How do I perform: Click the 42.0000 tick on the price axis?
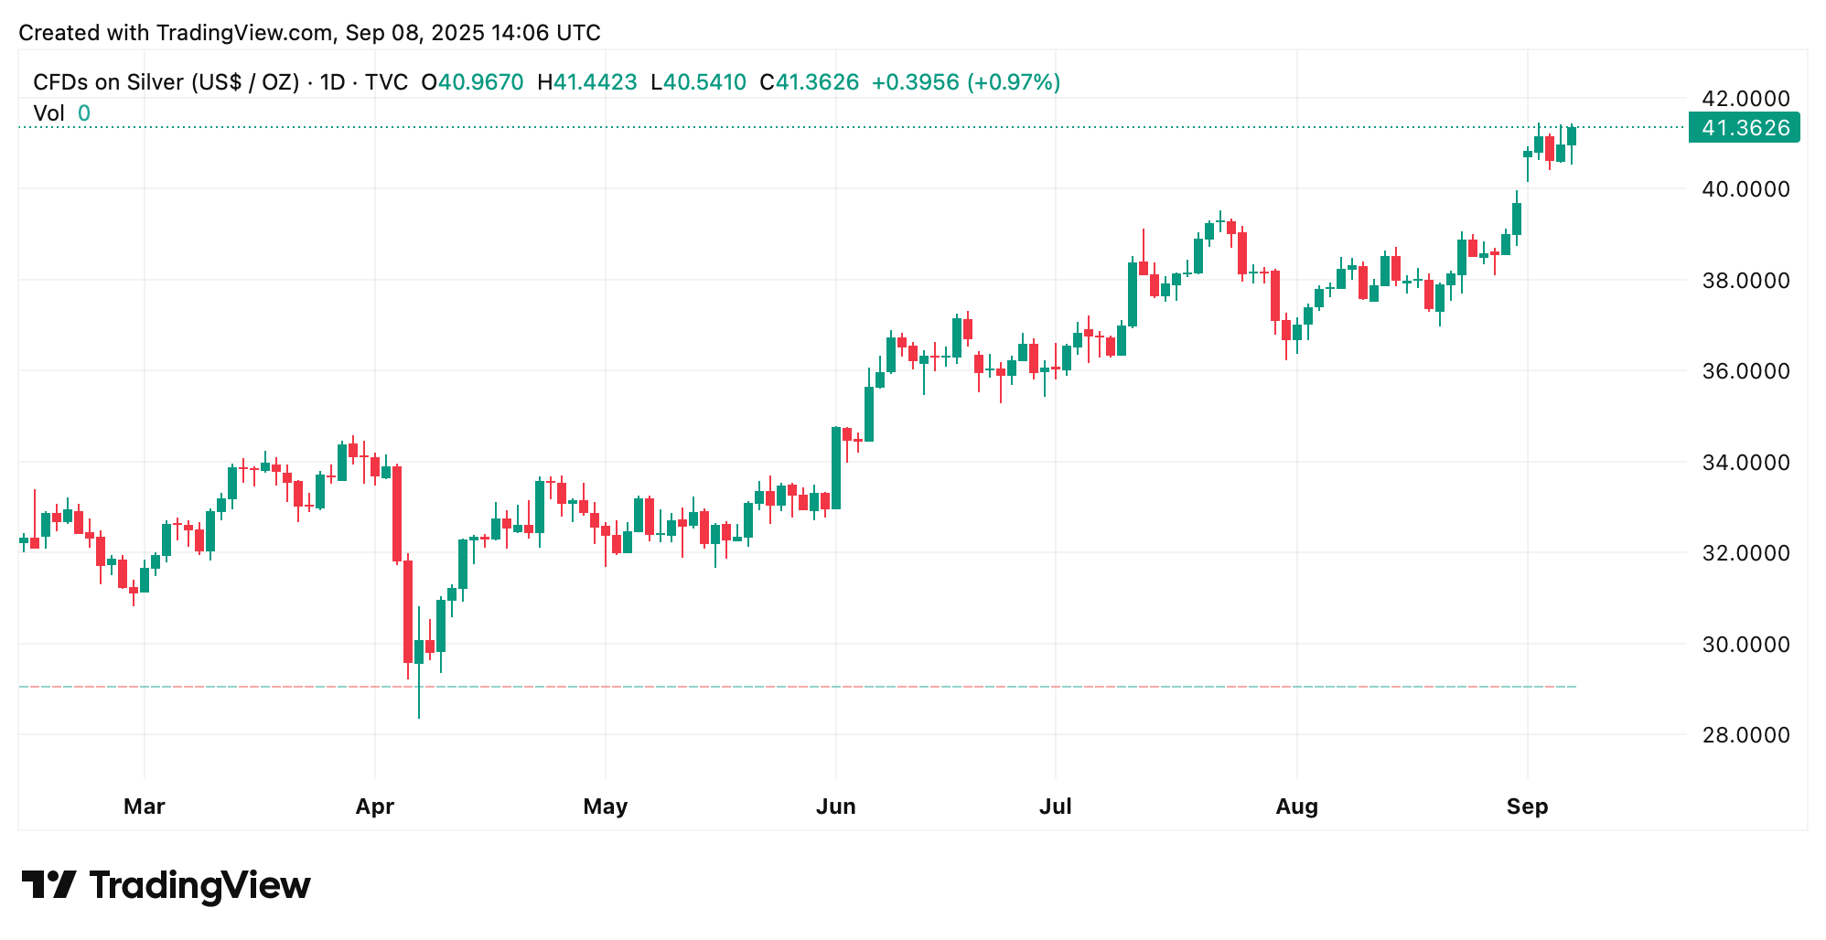coord(1745,99)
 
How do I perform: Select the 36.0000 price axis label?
coord(1745,371)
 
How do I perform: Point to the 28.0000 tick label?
coord(1745,735)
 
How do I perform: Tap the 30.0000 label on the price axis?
coord(1745,645)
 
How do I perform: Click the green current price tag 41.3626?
coord(1744,128)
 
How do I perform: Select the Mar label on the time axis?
coord(144,806)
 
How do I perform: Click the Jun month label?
coord(835,806)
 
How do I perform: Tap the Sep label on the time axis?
coord(1527,806)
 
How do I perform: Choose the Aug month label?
coord(1296,806)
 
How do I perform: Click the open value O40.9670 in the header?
coord(472,82)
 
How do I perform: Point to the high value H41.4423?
coord(587,82)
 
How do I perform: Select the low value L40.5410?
coord(698,82)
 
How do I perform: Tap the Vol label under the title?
coord(48,113)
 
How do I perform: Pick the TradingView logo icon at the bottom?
coord(48,884)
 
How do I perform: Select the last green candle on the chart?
coord(1572,136)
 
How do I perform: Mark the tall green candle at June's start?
coord(835,468)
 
